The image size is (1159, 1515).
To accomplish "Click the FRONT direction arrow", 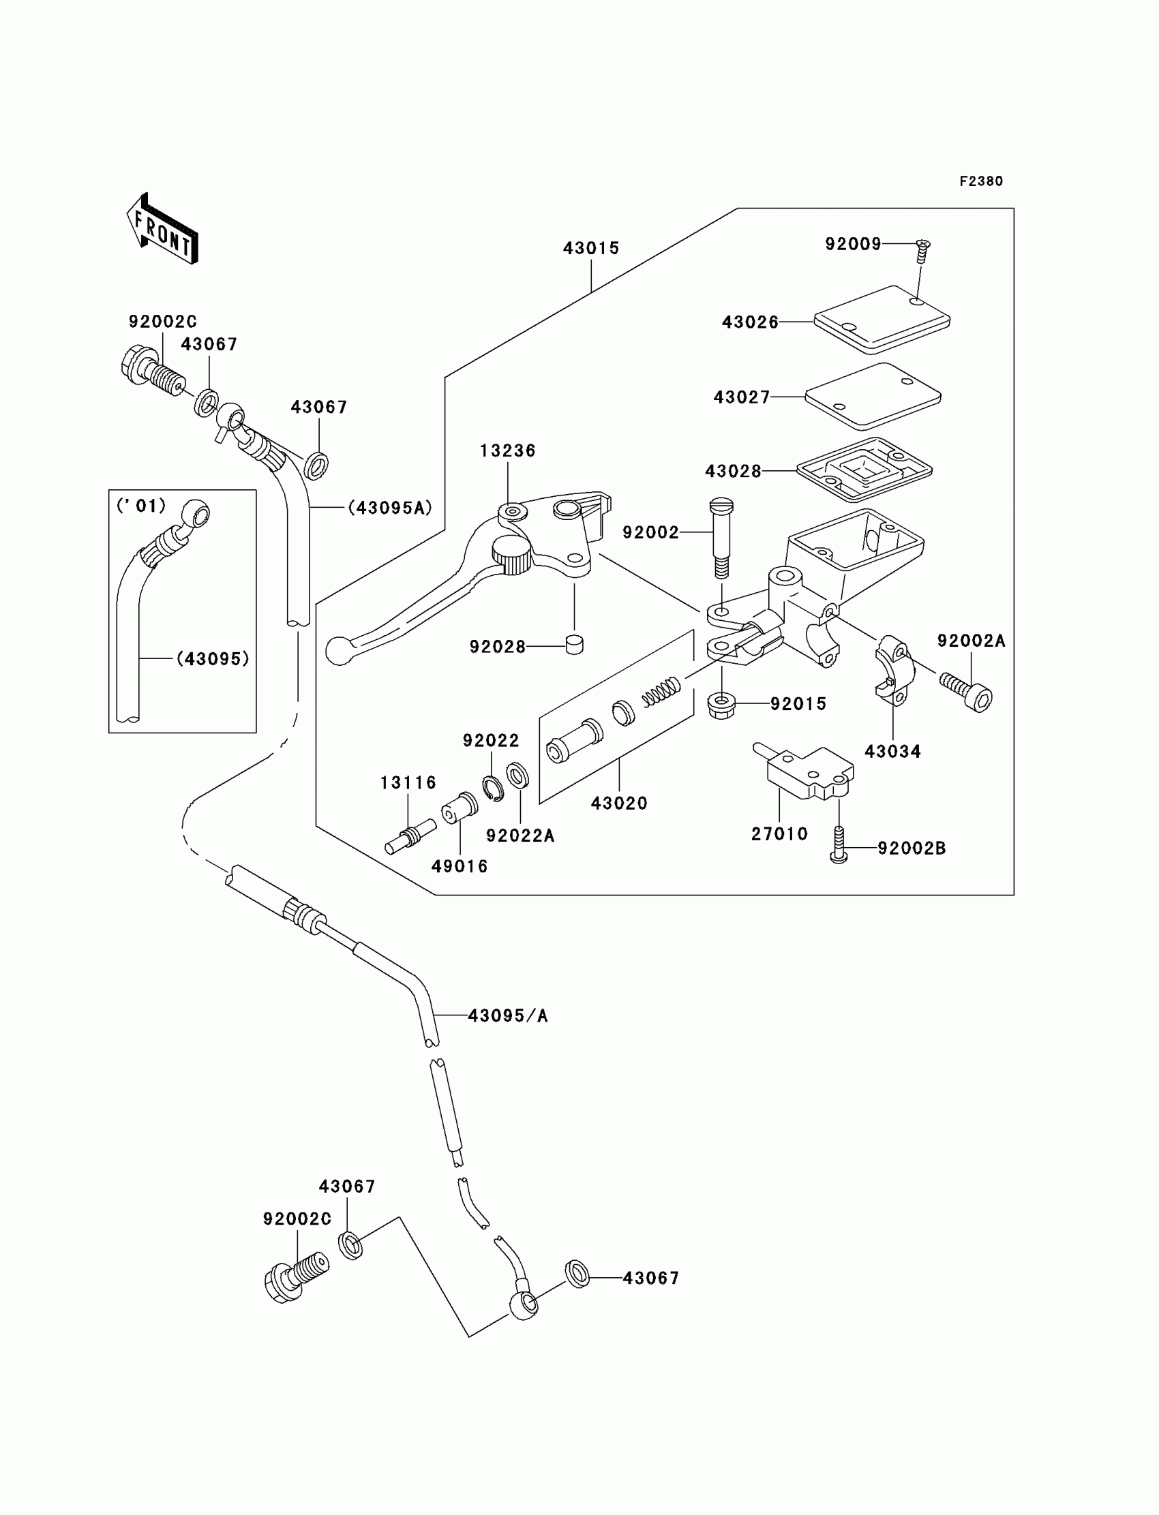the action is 163,229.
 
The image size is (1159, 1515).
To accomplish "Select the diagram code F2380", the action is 981,181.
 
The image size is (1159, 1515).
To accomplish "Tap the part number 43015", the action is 591,248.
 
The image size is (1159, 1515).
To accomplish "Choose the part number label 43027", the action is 742,397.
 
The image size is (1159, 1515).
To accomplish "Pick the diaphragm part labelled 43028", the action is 864,470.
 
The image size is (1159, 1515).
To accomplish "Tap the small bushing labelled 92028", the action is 574,645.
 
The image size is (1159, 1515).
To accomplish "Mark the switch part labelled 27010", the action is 807,771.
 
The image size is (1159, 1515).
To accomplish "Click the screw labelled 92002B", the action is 839,844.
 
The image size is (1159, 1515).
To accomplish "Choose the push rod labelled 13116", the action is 410,836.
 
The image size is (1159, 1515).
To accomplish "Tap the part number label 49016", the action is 460,866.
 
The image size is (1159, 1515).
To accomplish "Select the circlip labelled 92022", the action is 494,789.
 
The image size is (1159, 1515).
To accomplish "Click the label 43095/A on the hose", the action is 508,1015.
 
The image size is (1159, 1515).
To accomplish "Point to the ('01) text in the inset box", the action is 141,506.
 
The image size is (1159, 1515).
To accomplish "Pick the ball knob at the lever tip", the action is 338,651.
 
